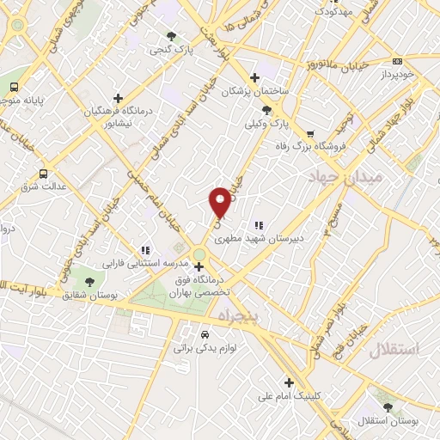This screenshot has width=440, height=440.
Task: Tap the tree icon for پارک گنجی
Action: [x=171, y=36]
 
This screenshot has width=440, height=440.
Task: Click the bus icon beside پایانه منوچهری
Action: [x=15, y=87]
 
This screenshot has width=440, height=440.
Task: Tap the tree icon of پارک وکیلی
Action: [x=266, y=110]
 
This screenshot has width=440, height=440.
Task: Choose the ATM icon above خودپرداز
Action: [x=397, y=61]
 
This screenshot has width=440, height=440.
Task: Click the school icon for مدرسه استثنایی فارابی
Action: [x=144, y=251]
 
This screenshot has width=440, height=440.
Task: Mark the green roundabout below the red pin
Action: [x=199, y=254]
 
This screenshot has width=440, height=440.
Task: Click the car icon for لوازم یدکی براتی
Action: [x=204, y=335]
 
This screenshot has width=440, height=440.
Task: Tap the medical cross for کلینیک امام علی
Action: [x=288, y=383]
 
